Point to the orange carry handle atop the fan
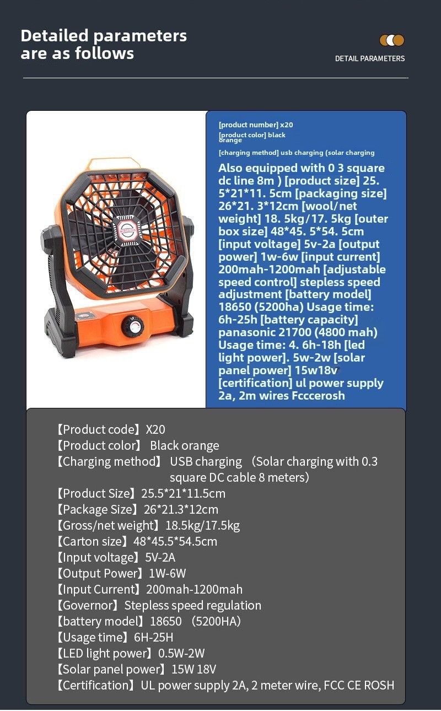(x=116, y=164)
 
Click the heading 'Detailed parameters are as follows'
(x=104, y=45)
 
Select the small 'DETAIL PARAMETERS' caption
(x=369, y=58)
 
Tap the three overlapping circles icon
(x=392, y=40)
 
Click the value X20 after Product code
(x=155, y=429)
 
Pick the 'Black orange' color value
(x=184, y=445)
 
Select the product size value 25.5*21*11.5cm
(x=183, y=493)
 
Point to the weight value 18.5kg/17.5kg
(x=202, y=525)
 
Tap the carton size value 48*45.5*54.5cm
(x=175, y=541)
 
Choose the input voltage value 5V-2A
(x=160, y=557)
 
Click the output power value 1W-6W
(x=168, y=573)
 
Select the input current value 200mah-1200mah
(x=194, y=589)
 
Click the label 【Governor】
(x=87, y=605)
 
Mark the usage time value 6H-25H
(x=154, y=637)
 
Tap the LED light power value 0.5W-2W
(x=181, y=653)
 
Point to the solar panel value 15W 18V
(x=193, y=669)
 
